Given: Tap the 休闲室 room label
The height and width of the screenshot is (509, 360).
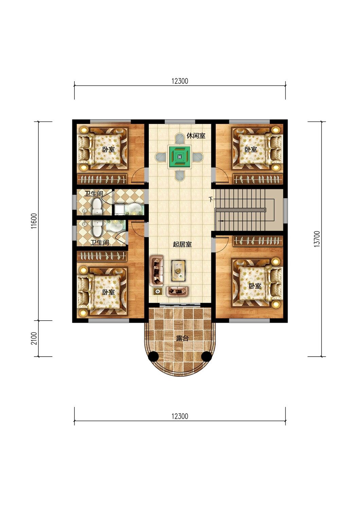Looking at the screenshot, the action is coord(196,136).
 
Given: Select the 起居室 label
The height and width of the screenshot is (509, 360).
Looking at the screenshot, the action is coord(182,245).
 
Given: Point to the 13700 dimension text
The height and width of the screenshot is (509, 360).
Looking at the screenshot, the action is coord(318,239).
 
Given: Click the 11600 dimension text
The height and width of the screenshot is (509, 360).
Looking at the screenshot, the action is coord(34,221).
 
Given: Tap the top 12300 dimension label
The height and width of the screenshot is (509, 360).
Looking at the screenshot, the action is coord(180,81).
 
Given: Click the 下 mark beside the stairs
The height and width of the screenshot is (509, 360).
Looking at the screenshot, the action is coord(211,200).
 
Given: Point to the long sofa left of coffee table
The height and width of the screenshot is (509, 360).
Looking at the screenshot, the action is coord(157,271).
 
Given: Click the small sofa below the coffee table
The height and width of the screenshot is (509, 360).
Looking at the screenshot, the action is coord(178,291).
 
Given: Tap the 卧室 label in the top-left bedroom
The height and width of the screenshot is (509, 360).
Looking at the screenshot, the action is coord(108,149).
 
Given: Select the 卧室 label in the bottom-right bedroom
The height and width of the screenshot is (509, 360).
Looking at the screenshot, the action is coord(255,286).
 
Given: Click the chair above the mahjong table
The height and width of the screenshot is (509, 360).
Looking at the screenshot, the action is coord(179,138).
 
